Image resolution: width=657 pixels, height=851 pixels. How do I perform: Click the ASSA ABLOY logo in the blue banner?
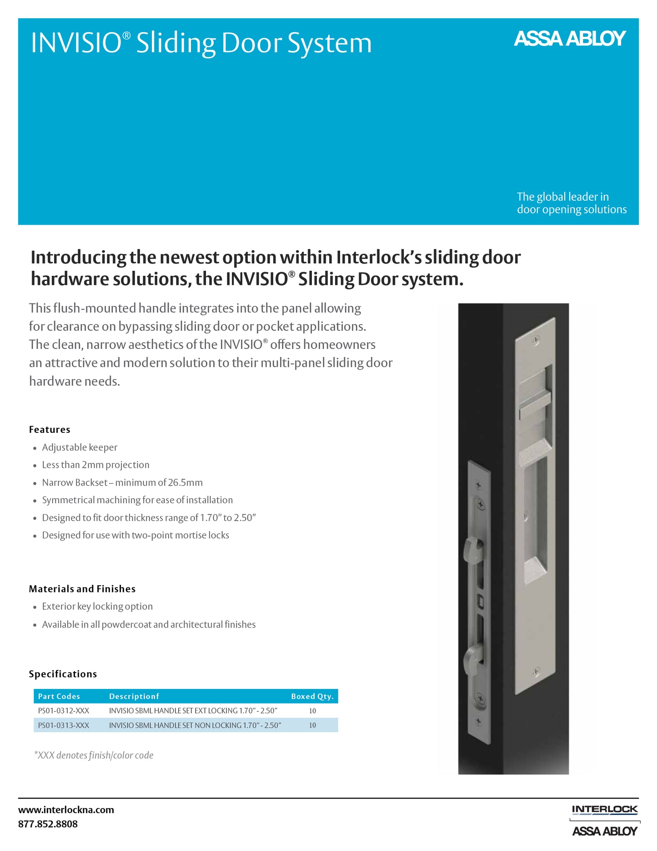pyautogui.click(x=570, y=39)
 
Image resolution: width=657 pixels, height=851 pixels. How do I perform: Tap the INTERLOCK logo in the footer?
pyautogui.click(x=605, y=810)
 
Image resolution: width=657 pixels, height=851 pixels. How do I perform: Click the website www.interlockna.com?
pyautogui.click(x=66, y=810)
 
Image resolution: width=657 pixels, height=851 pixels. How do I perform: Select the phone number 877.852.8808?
pyautogui.click(x=48, y=824)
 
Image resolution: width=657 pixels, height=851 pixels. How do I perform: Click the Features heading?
pyautogui.click(x=50, y=430)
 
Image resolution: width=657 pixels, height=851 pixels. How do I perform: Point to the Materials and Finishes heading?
pyautogui.click(x=82, y=589)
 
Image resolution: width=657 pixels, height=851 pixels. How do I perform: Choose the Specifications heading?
pyautogui.click(x=63, y=674)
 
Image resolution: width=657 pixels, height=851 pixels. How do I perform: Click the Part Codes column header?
pyautogui.click(x=59, y=696)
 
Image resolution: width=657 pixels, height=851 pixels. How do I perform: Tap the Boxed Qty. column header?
pyautogui.click(x=312, y=696)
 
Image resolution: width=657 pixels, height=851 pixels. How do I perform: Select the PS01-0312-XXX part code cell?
pyautogui.click(x=64, y=711)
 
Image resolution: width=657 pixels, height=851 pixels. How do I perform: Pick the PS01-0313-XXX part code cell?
pyautogui.click(x=64, y=725)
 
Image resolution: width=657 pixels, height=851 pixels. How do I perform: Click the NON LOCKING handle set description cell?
pyautogui.click(x=195, y=725)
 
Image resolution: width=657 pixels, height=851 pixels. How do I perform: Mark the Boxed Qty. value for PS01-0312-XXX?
pyautogui.click(x=312, y=711)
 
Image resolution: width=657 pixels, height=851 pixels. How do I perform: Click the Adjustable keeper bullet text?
pyautogui.click(x=80, y=447)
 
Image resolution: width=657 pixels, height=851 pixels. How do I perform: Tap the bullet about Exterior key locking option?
pyautogui.click(x=97, y=607)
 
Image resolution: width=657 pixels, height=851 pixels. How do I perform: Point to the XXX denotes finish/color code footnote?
pyautogui.click(x=94, y=755)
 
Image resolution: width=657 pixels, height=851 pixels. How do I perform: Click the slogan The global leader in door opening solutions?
pyautogui.click(x=572, y=203)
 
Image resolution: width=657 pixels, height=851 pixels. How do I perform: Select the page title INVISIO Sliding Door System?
pyautogui.click(x=201, y=43)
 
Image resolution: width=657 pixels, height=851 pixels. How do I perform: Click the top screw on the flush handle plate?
pyautogui.click(x=536, y=339)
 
